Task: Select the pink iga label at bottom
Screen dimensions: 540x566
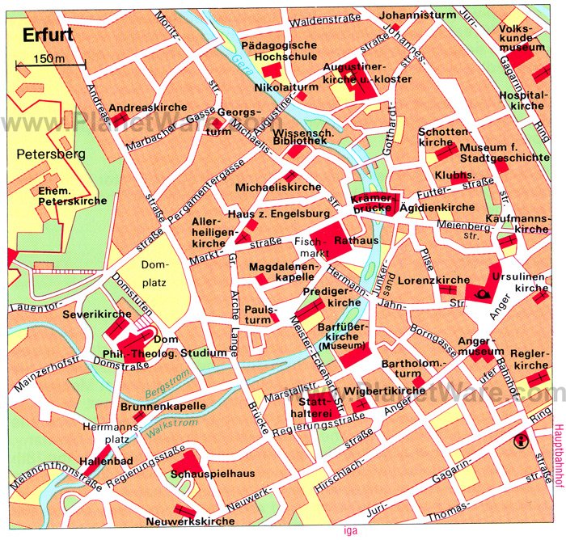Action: pos(349,530)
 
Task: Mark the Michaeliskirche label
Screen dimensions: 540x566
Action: pos(267,187)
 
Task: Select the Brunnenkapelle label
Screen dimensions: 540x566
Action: pos(162,407)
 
